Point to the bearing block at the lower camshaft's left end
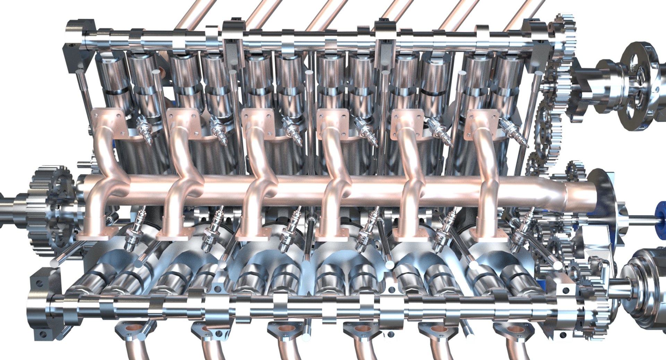point(43,305)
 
